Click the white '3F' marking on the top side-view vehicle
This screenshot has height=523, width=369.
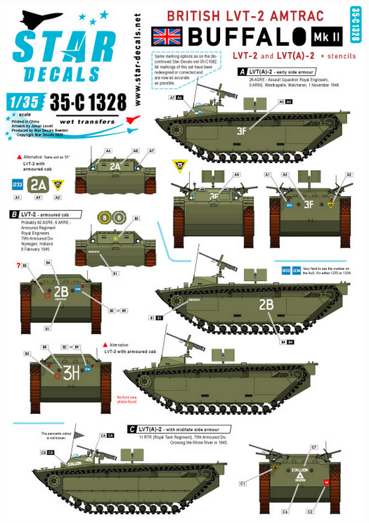point(241,131)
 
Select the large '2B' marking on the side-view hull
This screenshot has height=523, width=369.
point(266,305)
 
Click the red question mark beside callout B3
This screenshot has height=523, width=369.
point(17,266)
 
